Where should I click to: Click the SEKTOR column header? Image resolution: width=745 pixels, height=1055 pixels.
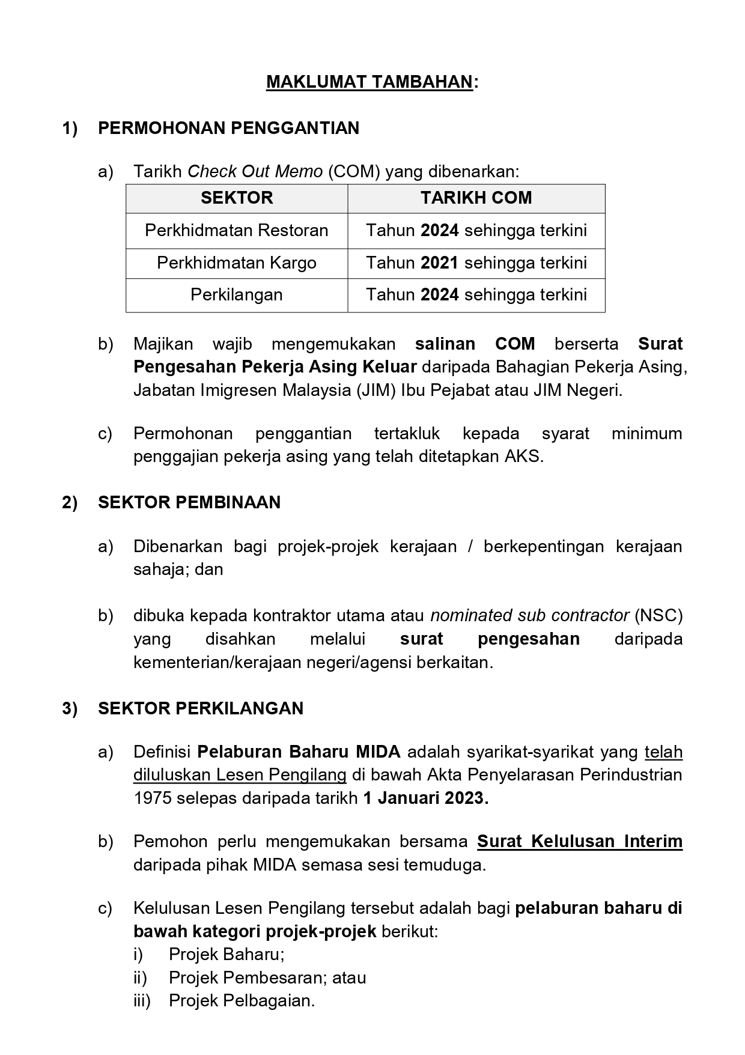tap(237, 198)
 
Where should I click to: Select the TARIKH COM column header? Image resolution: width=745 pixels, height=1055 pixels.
tap(476, 198)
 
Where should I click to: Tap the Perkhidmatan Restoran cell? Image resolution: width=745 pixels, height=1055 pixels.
tap(237, 230)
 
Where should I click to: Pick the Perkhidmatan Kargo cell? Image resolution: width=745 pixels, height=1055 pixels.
tap(237, 263)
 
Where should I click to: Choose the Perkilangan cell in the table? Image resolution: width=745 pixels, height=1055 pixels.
tap(237, 294)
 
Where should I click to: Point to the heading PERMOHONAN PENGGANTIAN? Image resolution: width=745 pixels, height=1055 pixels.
tap(228, 128)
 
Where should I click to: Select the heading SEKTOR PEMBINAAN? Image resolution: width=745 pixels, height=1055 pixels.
tap(189, 502)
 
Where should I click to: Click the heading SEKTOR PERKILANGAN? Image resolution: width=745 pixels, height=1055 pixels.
tap(201, 708)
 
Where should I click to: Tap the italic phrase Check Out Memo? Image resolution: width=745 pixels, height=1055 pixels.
tap(255, 172)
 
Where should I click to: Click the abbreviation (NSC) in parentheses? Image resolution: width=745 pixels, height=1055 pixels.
tap(658, 615)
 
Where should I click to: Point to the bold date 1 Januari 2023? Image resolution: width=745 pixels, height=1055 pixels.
tap(425, 798)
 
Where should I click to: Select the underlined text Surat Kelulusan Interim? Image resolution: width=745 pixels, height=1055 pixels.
tap(580, 842)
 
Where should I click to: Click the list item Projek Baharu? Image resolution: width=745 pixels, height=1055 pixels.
tap(227, 954)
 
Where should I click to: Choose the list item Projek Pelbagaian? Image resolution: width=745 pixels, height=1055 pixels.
tap(242, 1000)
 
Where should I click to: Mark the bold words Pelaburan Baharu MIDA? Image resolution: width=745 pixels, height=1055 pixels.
tap(299, 752)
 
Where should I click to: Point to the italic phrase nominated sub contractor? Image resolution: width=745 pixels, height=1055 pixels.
tap(530, 615)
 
